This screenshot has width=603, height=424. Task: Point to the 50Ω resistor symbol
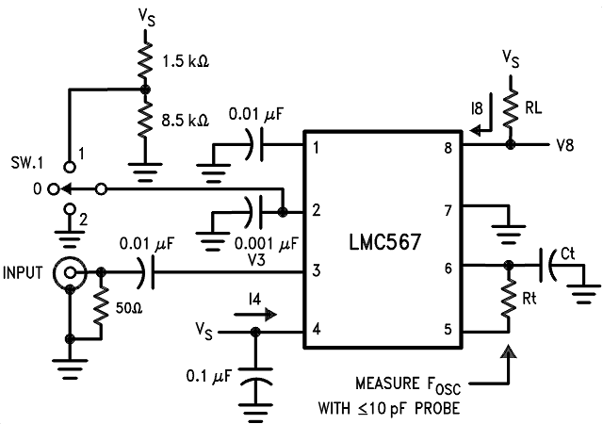pos(101,306)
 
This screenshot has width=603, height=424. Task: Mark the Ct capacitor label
pos(567,253)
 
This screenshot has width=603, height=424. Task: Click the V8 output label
pos(565,146)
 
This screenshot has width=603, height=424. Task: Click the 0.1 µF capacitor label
pos(208,377)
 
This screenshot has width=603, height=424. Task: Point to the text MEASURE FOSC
pos(409,384)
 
